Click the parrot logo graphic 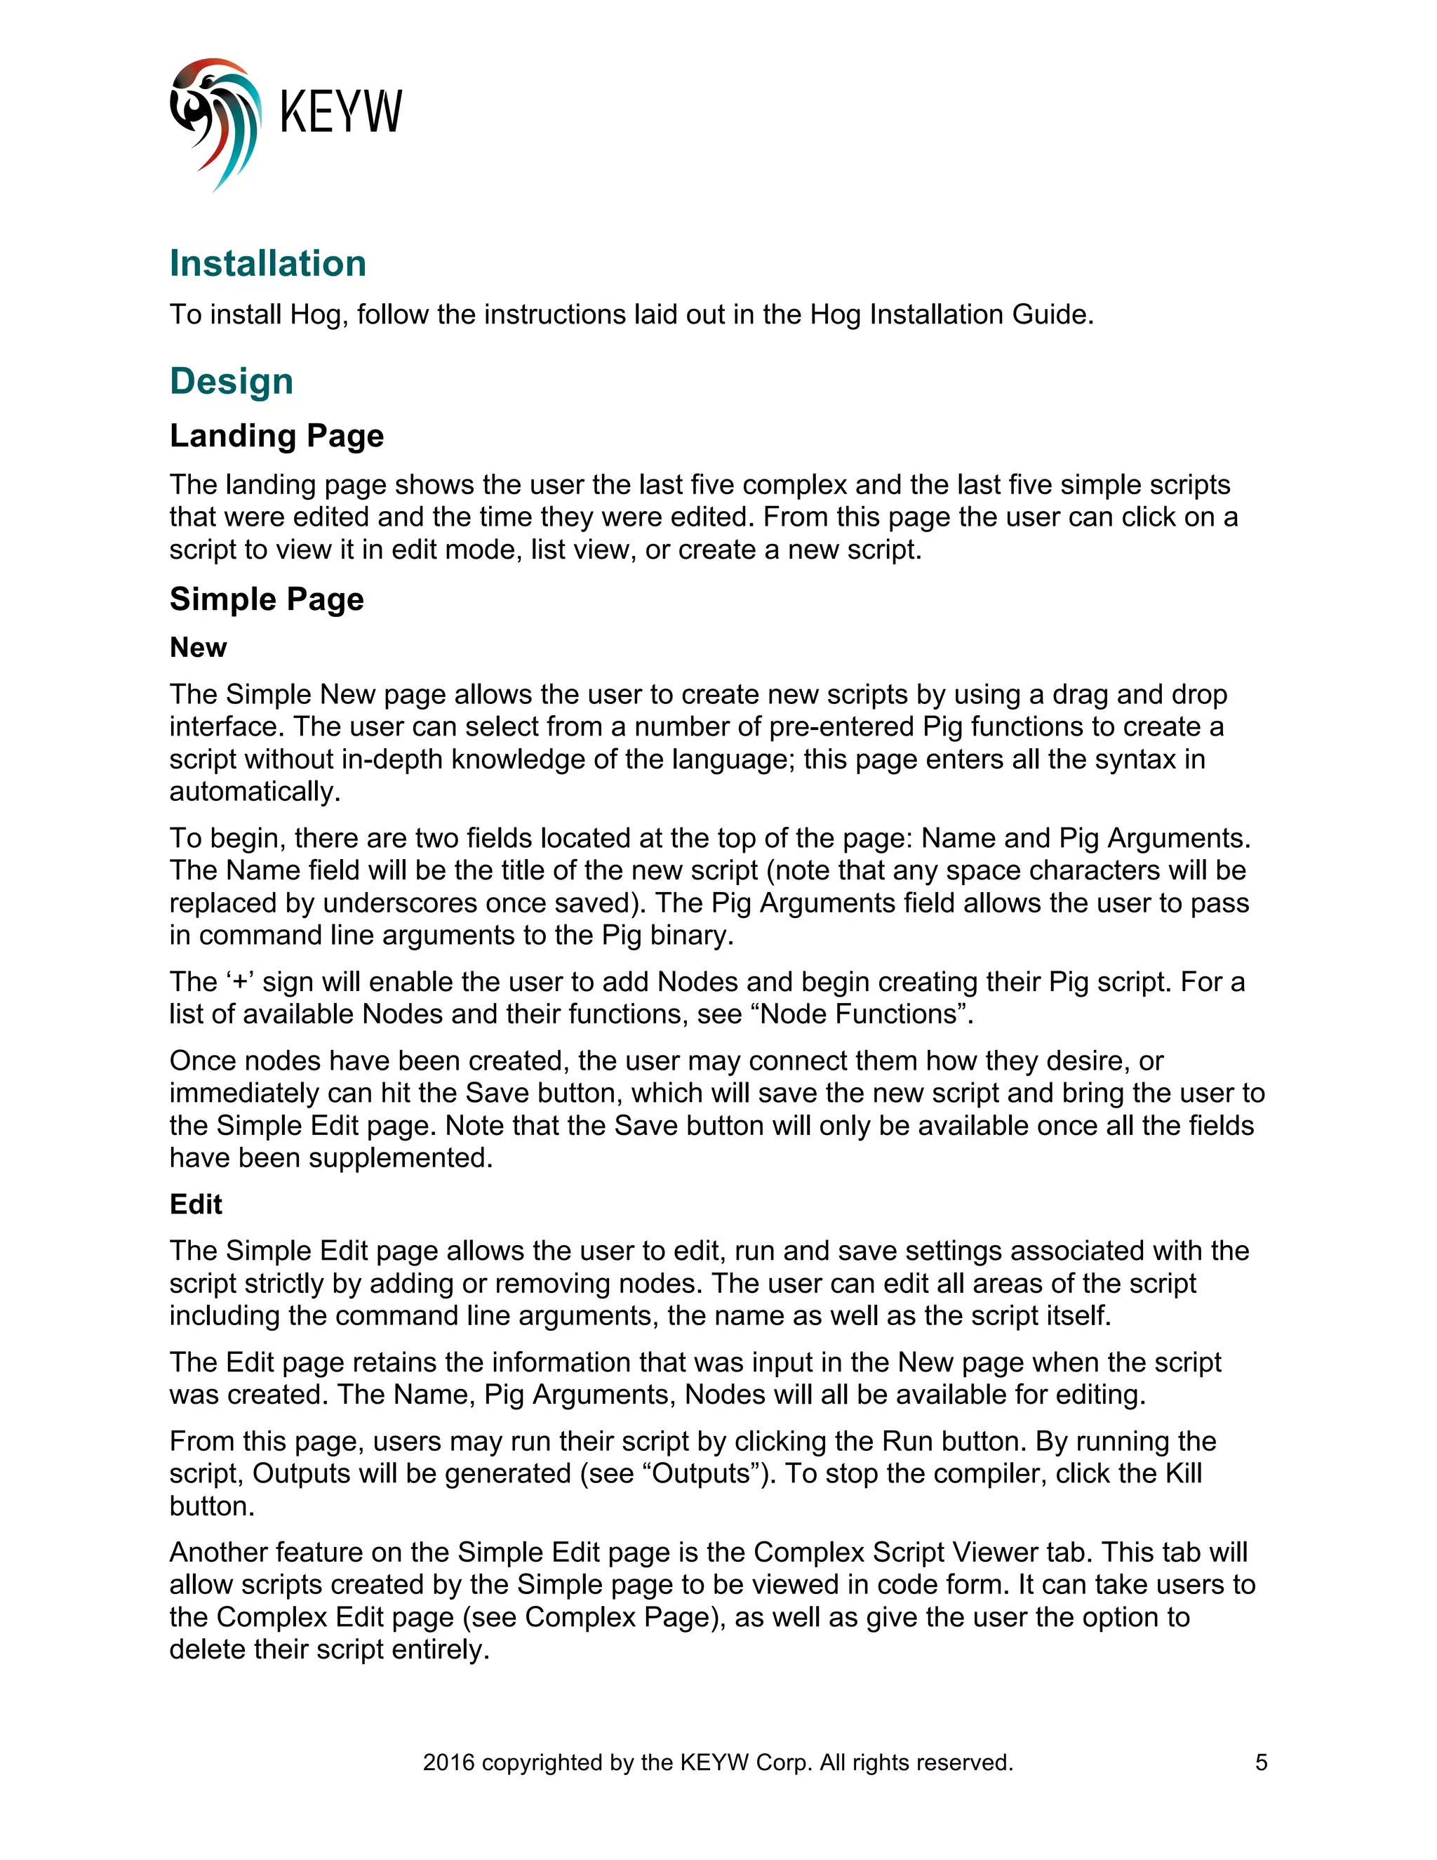point(215,124)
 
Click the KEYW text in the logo point(340,112)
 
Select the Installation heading point(267,263)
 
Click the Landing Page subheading point(276,435)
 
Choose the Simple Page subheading point(267,599)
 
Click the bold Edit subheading point(195,1204)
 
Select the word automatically point(254,791)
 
